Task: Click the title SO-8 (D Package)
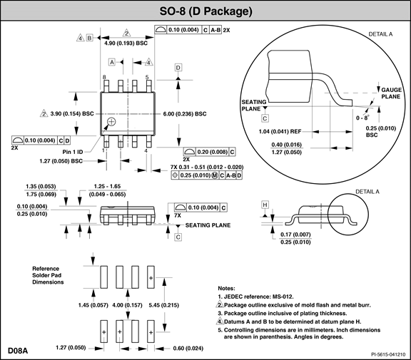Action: click(x=205, y=11)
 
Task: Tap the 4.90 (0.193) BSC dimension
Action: click(x=126, y=43)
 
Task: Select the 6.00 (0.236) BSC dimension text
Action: click(x=185, y=114)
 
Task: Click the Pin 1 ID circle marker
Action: click(x=111, y=122)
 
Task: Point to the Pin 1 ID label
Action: click(x=73, y=152)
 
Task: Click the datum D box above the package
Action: click(x=178, y=68)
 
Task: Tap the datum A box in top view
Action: click(x=112, y=62)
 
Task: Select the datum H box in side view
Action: click(x=265, y=205)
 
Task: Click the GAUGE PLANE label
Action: click(x=391, y=93)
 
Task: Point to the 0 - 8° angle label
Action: click(x=362, y=118)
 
